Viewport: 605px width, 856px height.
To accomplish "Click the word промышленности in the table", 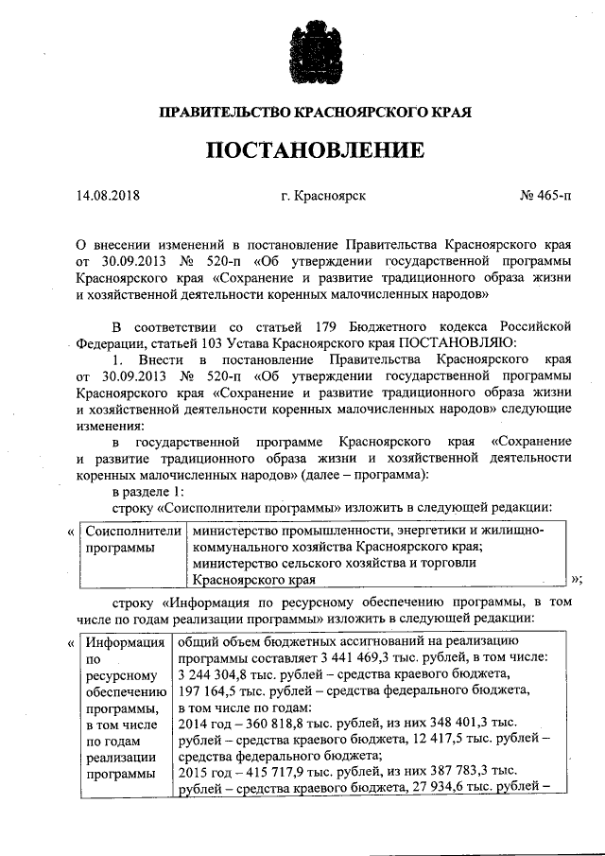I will pos(329,531).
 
